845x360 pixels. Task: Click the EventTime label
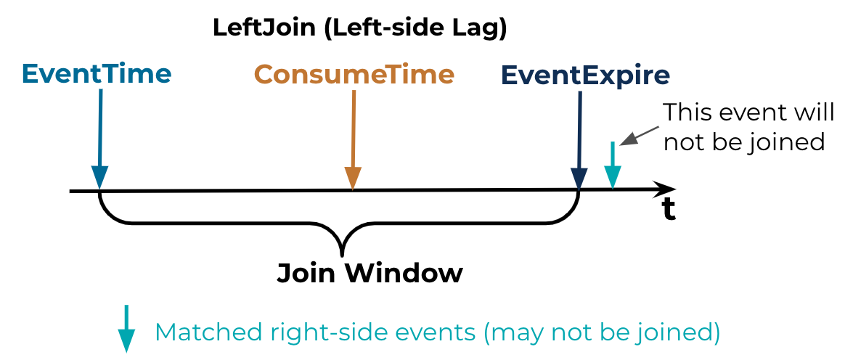[97, 73]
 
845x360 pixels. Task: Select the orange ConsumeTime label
[354, 74]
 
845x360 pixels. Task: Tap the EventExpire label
[585, 74]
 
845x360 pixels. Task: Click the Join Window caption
[370, 273]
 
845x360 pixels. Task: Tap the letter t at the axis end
[668, 208]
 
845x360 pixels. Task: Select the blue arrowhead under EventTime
[99, 177]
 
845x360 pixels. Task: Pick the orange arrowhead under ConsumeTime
[352, 177]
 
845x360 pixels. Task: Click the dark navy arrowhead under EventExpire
[579, 178]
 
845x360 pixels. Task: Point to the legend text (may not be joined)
[602, 332]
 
